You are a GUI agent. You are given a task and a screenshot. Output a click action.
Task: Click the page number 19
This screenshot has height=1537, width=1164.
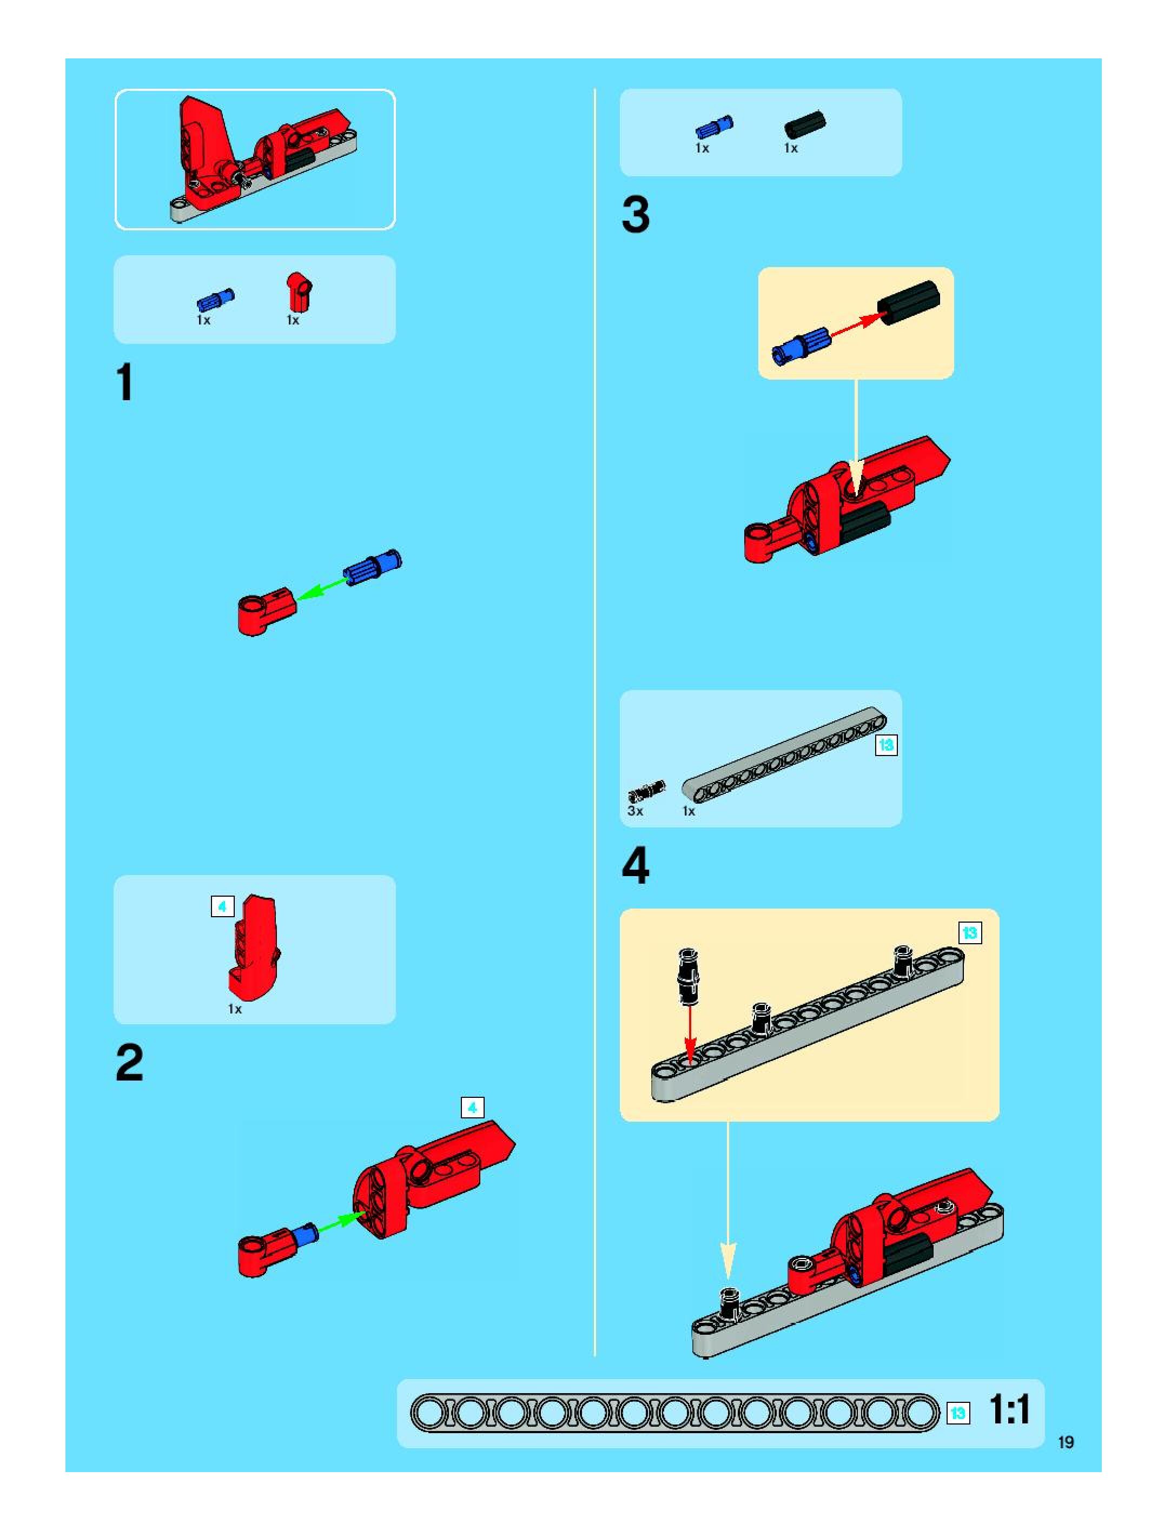coord(1066,1442)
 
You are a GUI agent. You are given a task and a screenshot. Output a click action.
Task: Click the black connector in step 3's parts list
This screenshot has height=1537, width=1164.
coord(805,125)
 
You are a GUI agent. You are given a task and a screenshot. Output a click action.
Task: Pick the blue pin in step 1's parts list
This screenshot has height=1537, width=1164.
coord(215,300)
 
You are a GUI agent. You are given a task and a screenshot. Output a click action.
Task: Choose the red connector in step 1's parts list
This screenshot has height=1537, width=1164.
coord(300,292)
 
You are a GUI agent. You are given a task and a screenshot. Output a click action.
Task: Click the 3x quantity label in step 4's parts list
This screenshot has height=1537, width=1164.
coord(635,811)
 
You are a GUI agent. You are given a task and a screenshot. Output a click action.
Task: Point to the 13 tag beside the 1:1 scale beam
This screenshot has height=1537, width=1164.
coord(958,1413)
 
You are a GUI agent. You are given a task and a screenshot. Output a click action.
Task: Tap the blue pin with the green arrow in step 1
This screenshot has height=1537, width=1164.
coord(373,567)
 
